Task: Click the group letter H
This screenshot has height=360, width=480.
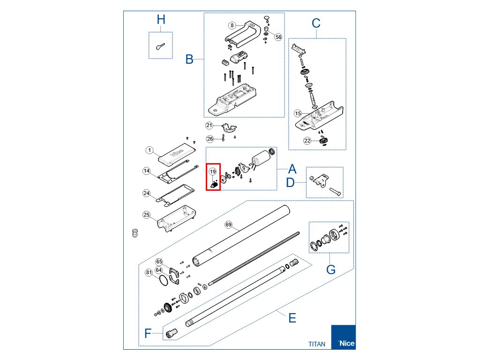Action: [161, 20]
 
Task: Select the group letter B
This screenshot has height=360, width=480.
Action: [189, 60]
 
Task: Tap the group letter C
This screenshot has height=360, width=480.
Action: [316, 22]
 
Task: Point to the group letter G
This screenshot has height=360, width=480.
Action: [331, 270]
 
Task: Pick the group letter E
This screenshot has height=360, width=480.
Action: [292, 318]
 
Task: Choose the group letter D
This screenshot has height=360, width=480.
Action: [291, 182]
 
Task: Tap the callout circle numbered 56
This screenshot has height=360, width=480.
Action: [278, 37]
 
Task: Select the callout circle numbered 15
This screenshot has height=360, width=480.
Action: [298, 113]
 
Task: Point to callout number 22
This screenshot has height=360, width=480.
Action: [307, 141]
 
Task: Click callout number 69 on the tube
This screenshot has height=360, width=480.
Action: [229, 225]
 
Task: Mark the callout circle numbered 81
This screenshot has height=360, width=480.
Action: [149, 272]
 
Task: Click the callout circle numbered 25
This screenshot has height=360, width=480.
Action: [147, 215]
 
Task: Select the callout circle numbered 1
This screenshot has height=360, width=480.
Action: [150, 150]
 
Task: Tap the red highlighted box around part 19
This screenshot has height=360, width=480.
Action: [213, 176]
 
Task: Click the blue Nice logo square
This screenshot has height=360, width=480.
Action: [343, 337]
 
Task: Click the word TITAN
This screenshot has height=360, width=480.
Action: [316, 344]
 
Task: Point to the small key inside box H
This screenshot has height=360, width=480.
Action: [160, 45]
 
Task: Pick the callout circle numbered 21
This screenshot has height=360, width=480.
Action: [209, 125]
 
